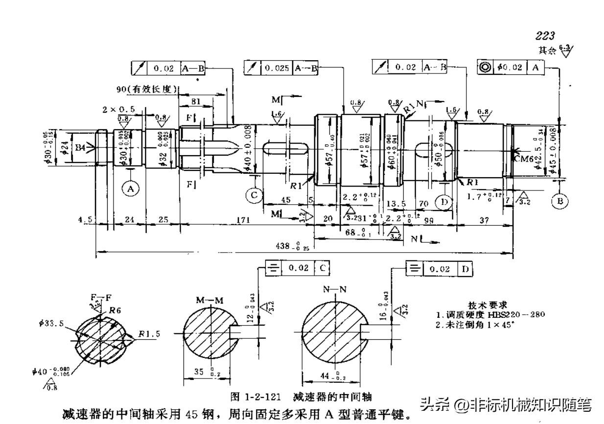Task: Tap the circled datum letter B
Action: point(559,200)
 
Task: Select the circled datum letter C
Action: point(254,195)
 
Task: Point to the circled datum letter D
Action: point(444,202)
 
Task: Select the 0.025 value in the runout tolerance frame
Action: point(277,68)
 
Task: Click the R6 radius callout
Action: point(115,309)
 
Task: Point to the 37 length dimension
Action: point(484,220)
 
